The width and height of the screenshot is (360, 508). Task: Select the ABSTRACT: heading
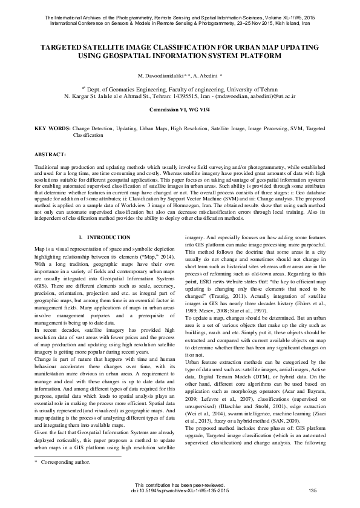coord(51,154)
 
